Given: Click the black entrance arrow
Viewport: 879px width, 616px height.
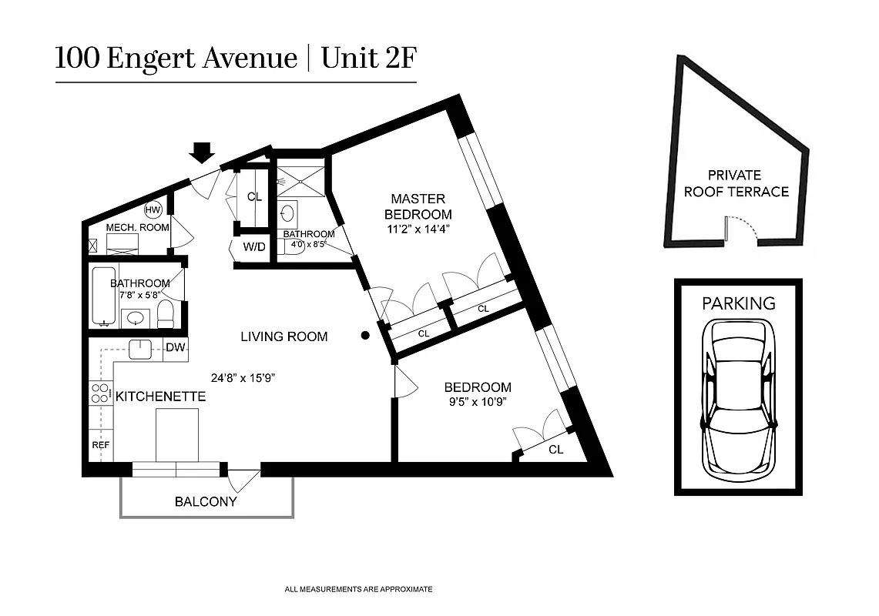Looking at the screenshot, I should (x=203, y=152).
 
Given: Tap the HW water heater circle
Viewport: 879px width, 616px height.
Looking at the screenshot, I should (x=153, y=209).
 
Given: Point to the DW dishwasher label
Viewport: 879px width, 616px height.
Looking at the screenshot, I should (x=176, y=348).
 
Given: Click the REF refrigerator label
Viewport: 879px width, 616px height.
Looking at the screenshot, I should (x=101, y=445).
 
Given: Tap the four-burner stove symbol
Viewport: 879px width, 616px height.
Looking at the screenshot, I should (x=100, y=393).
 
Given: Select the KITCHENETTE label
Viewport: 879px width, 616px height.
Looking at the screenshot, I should (x=160, y=397).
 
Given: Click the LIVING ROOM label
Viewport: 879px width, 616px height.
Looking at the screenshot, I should (x=283, y=336).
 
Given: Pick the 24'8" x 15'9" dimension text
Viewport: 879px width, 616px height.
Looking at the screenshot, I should (x=243, y=378).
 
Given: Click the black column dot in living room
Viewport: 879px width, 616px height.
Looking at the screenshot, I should (x=365, y=336).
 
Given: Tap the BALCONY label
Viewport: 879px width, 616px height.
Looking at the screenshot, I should (x=206, y=502).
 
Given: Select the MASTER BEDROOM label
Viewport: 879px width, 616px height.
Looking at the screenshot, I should (x=418, y=206).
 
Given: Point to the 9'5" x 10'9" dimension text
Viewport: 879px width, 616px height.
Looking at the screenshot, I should (x=477, y=401).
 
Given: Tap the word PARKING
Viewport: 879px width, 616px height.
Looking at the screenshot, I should (x=738, y=303).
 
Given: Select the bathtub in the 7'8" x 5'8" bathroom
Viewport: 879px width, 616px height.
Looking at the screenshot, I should (x=103, y=296).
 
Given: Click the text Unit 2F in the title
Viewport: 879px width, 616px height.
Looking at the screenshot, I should (x=368, y=59).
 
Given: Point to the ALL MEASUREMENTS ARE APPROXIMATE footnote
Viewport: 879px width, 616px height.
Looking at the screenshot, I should (x=358, y=589).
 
